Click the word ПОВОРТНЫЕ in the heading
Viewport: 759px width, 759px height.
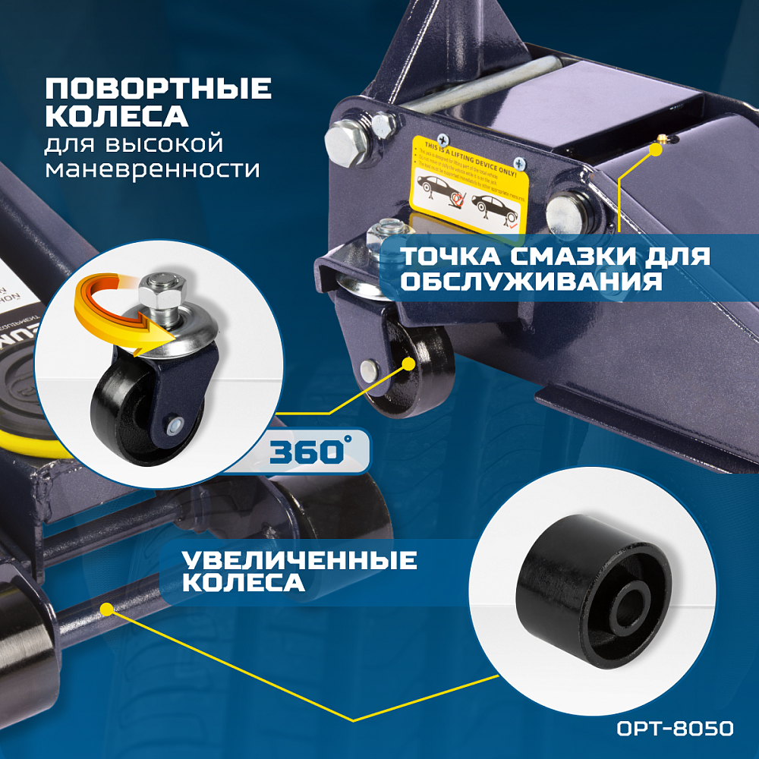158,90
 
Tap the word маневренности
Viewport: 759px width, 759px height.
152,168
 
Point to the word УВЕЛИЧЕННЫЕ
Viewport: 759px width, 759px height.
299,561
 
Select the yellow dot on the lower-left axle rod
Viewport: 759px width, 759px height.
106,608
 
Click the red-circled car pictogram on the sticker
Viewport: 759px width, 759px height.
455,200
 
